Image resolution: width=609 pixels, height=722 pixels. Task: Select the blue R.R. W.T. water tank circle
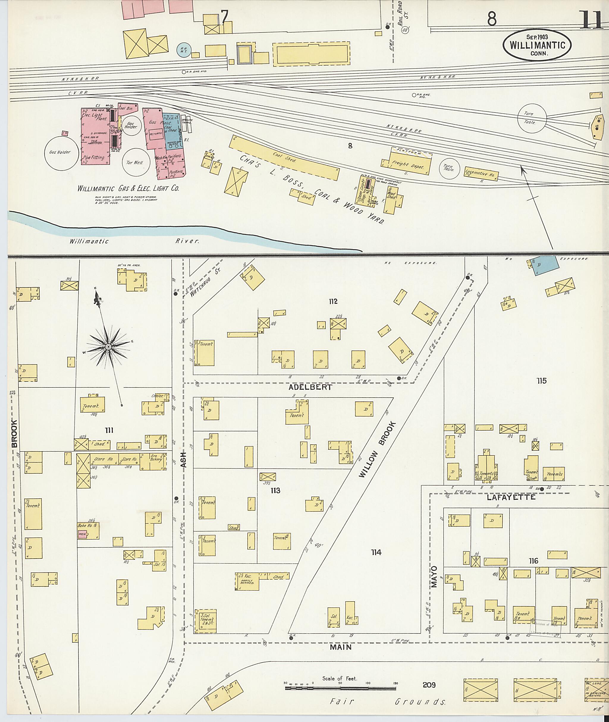[x=184, y=50]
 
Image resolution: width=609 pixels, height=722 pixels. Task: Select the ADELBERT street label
[x=311, y=387]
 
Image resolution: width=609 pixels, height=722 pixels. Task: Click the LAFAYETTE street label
[x=511, y=497]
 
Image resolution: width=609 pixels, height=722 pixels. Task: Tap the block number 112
[x=333, y=302]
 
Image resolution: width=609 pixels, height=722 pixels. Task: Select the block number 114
[x=376, y=553]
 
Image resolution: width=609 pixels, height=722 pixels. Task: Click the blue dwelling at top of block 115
[x=545, y=265]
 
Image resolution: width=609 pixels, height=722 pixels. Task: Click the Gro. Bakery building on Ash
[x=155, y=462]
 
